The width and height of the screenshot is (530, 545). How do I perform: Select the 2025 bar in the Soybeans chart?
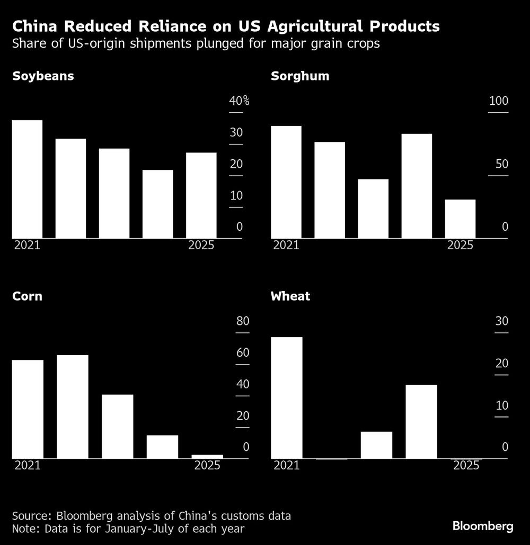201,195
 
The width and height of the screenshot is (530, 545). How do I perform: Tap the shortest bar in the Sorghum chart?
460,219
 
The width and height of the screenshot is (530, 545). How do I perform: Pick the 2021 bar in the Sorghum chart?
286,182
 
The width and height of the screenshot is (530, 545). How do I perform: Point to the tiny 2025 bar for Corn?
207,456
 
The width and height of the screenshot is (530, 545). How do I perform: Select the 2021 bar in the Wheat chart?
286,397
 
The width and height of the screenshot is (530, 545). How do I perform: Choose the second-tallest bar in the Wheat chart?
421,421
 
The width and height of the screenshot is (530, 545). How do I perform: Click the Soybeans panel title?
43,76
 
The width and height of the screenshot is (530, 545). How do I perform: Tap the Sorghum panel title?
300,76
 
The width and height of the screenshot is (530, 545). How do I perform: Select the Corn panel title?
27,296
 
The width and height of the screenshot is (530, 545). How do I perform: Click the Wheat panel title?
290,296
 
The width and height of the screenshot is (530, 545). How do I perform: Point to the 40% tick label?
239,102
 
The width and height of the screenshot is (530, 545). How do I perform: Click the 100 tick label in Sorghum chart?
498,102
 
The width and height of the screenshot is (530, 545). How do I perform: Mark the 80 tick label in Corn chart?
242,322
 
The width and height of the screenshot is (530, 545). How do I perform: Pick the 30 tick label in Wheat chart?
501,322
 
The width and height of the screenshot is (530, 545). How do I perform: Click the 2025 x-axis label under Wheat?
466,466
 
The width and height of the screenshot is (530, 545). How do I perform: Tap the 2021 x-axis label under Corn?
28,466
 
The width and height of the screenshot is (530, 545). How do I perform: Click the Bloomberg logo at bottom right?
483,526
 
